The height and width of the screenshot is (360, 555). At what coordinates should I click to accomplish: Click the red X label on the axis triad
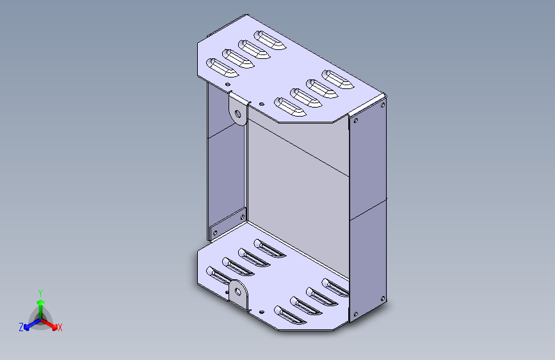[60, 328]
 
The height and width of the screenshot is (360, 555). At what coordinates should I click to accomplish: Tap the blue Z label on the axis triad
[21, 327]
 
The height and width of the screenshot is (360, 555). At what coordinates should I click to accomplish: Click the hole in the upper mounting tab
[239, 115]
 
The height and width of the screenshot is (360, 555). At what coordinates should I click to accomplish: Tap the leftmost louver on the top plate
[221, 67]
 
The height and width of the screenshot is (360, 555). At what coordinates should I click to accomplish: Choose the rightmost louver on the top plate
[337, 80]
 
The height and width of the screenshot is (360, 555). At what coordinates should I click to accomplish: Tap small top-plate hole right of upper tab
[261, 104]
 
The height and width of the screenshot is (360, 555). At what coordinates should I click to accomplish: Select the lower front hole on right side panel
[354, 313]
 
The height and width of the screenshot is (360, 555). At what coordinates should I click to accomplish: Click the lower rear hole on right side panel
[383, 298]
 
